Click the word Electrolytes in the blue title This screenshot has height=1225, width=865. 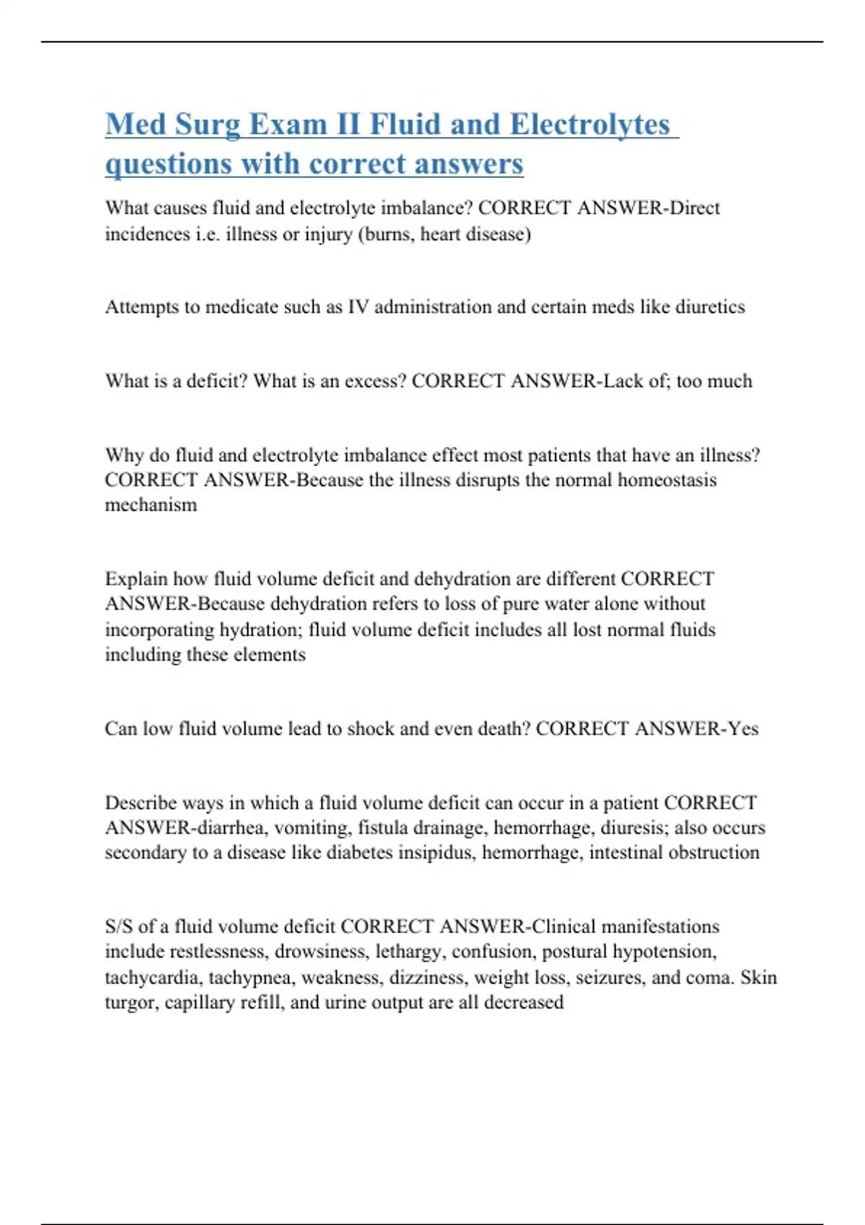[x=590, y=125]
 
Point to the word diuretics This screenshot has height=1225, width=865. [x=710, y=307]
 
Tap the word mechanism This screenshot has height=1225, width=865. [x=151, y=504]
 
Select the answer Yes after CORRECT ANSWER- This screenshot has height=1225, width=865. [x=742, y=729]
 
